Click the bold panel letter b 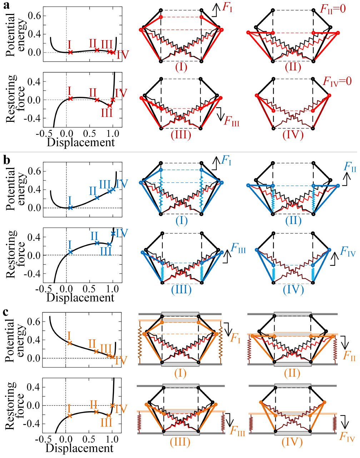coord(6,160)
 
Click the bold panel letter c coord(6,312)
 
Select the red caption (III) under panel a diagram coord(181,135)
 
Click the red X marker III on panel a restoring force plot coord(110,105)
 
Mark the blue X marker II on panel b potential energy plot coord(97,198)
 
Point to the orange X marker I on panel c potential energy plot coord(70,343)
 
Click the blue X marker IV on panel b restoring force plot coord(113,234)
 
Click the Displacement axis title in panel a coord(81,143)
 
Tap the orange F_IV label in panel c coord(347,437)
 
